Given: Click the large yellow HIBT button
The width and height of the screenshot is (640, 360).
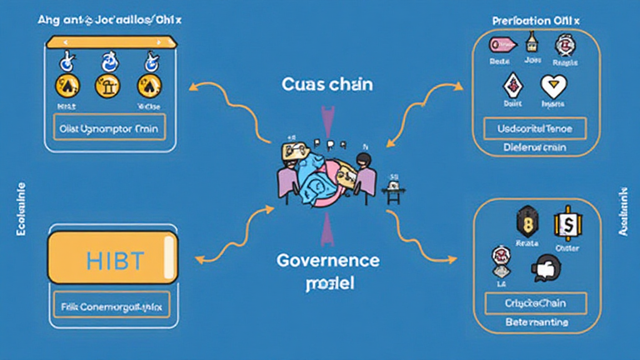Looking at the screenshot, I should (x=112, y=258).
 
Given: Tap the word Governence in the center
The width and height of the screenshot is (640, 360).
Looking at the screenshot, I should (x=327, y=260).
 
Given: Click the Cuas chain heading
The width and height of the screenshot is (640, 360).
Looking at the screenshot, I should (x=327, y=84).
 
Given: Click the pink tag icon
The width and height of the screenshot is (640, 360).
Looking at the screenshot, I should (x=503, y=44).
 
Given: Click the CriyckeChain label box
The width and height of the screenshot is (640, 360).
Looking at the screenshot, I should (x=536, y=303).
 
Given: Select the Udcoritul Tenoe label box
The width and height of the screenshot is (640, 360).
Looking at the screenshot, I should (x=536, y=129).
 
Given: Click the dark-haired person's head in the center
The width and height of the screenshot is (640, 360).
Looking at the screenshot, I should (x=361, y=161).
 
